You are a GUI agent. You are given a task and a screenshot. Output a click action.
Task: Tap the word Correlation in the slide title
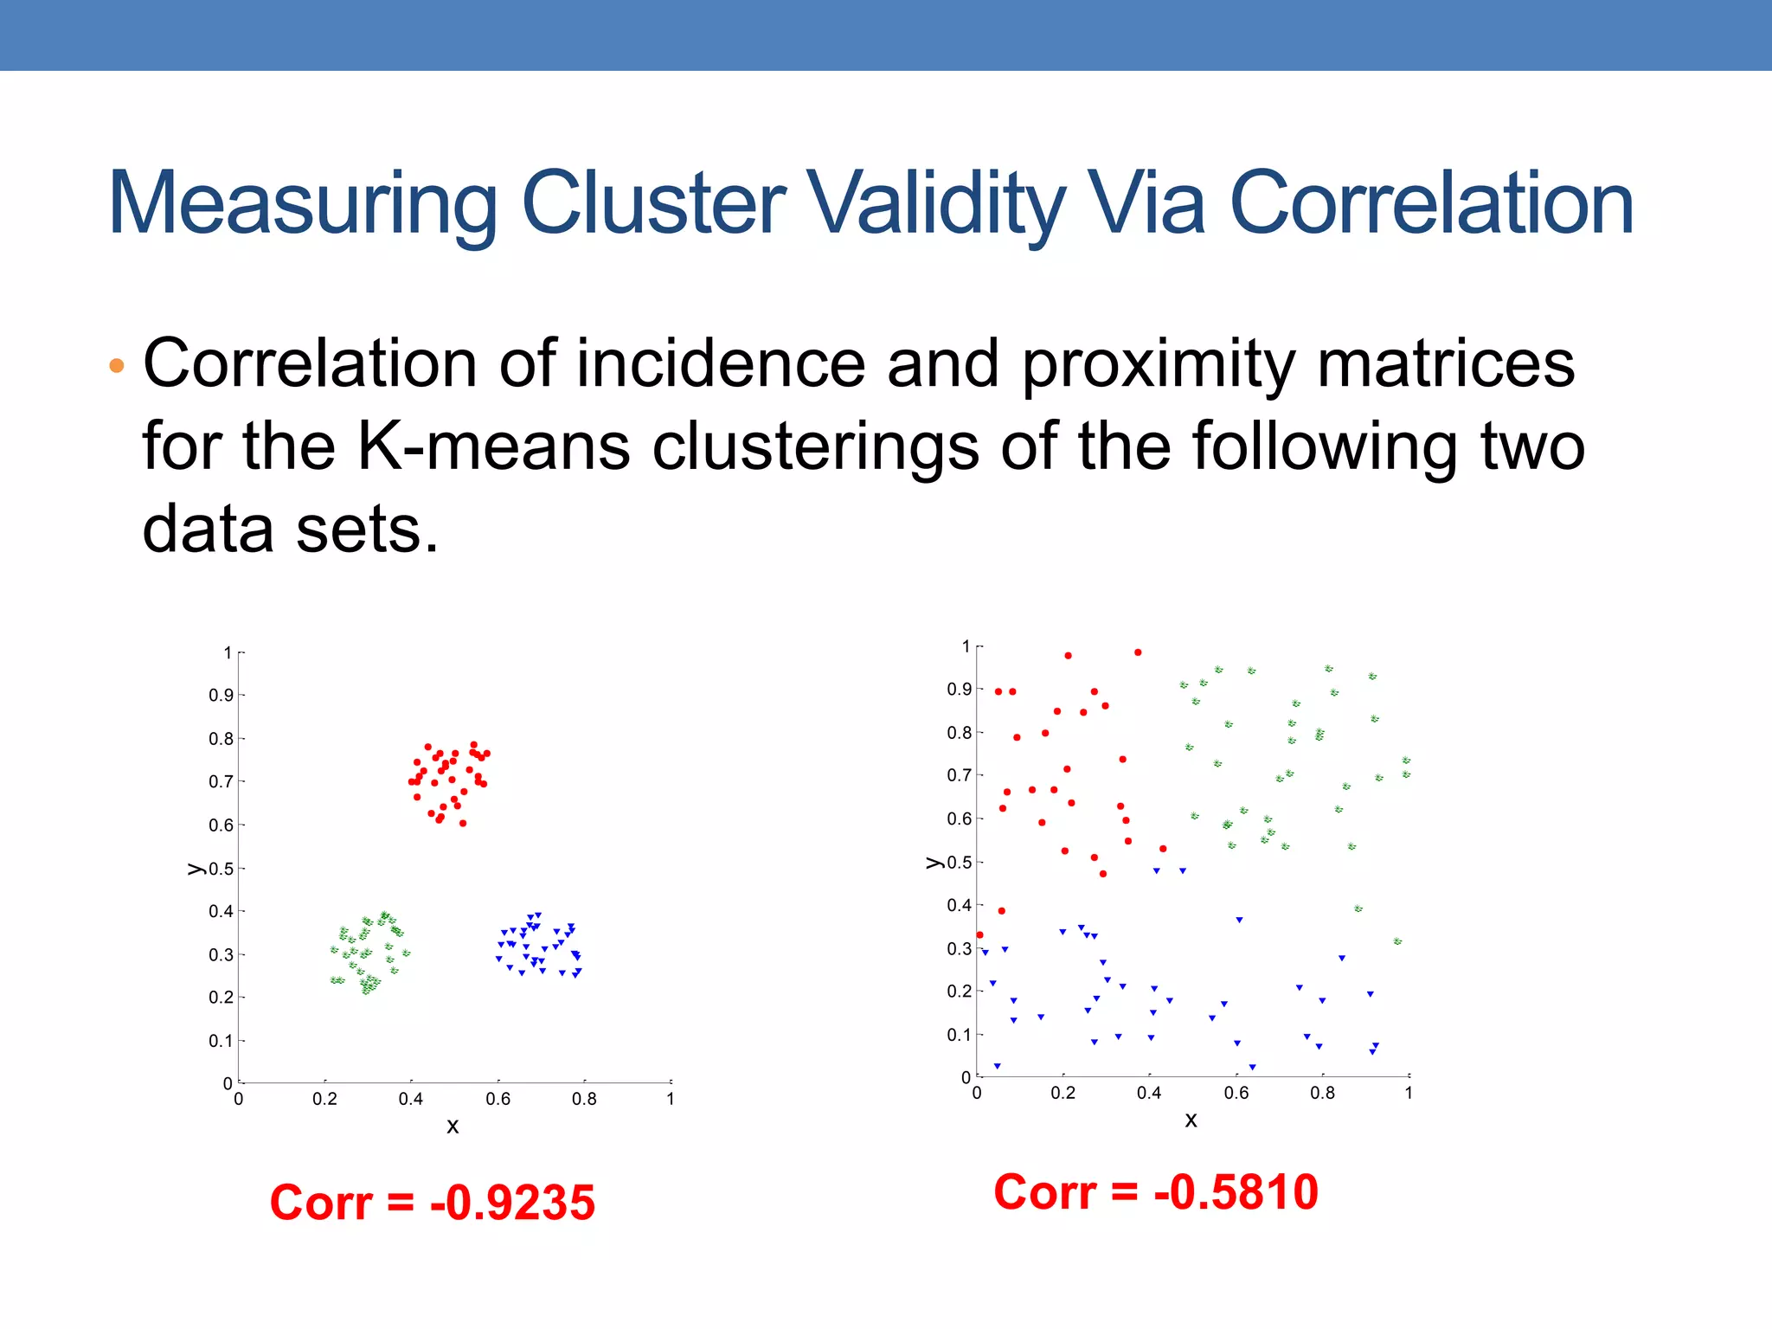(x=1431, y=204)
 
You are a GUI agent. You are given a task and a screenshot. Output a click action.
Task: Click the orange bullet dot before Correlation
(x=117, y=366)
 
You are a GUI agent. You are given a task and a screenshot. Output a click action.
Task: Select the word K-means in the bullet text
(x=494, y=447)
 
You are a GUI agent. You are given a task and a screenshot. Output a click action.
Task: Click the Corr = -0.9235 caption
(x=433, y=1203)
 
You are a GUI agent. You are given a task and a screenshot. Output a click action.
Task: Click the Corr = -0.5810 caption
(x=1156, y=1192)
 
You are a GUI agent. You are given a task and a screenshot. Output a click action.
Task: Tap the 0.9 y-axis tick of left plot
(x=221, y=696)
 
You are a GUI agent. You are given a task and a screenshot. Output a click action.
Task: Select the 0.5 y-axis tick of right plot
(x=960, y=863)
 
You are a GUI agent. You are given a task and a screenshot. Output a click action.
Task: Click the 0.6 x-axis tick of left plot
(x=498, y=1100)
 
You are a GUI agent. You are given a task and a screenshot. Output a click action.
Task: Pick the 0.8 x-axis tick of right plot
(x=1322, y=1094)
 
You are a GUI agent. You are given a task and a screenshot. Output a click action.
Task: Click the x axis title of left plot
(x=453, y=1127)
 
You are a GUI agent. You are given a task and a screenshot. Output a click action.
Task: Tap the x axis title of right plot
(x=1191, y=1120)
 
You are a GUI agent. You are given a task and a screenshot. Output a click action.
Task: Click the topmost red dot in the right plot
(x=1138, y=652)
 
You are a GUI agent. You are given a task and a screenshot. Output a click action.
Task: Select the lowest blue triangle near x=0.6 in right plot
(x=1252, y=1067)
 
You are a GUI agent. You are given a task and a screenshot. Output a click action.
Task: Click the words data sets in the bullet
(x=291, y=530)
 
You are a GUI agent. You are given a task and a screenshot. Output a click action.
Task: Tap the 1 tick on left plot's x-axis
(x=671, y=1100)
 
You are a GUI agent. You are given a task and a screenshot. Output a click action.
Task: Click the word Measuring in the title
(x=302, y=204)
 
